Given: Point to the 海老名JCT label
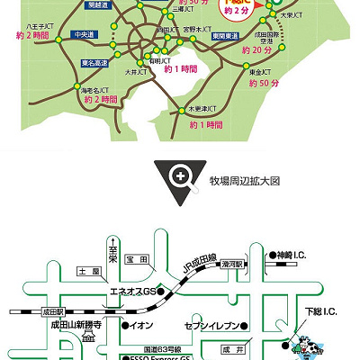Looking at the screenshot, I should (x=96, y=92).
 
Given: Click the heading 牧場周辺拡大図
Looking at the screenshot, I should (x=245, y=181).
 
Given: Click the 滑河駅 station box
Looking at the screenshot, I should (x=240, y=256).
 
